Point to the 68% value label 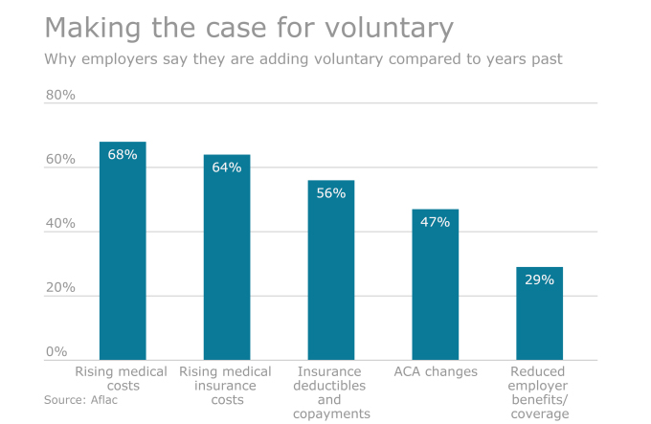(123, 154)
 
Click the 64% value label (227, 167)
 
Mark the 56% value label (331, 192)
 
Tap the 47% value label (436, 222)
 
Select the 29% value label (539, 279)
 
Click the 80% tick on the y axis (60, 96)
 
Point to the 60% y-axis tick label (60, 160)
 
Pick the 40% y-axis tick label (60, 224)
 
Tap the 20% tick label (60, 288)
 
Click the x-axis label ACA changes (436, 371)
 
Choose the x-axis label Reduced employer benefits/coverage (539, 392)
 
